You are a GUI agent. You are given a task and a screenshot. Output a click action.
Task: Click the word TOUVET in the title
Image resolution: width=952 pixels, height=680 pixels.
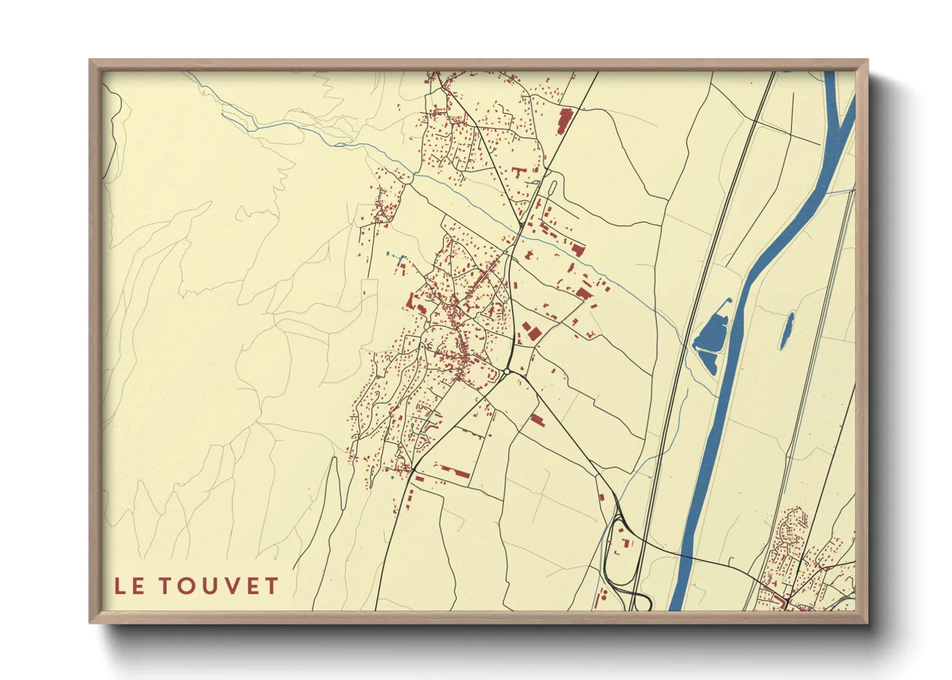point(219,586)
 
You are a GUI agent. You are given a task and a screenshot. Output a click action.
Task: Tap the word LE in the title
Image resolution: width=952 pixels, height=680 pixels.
point(129,586)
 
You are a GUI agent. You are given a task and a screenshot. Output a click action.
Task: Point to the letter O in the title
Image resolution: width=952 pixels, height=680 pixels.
point(187,586)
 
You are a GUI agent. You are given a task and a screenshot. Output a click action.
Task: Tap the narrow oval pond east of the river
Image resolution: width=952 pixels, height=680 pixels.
point(787,330)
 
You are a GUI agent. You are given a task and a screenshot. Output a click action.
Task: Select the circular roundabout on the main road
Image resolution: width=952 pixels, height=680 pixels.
point(507,371)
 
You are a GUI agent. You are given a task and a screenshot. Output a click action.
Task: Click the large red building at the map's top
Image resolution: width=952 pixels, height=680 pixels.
point(564,121)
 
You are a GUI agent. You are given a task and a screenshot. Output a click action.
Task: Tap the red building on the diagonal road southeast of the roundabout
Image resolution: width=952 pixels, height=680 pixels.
point(536,420)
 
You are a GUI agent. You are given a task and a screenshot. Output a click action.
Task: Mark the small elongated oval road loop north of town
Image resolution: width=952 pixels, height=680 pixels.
point(552,188)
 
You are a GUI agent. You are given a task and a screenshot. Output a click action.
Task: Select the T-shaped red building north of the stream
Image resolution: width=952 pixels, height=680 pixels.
point(518,172)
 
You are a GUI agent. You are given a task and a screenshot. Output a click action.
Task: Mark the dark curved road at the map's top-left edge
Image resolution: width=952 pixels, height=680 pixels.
point(116,129)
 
